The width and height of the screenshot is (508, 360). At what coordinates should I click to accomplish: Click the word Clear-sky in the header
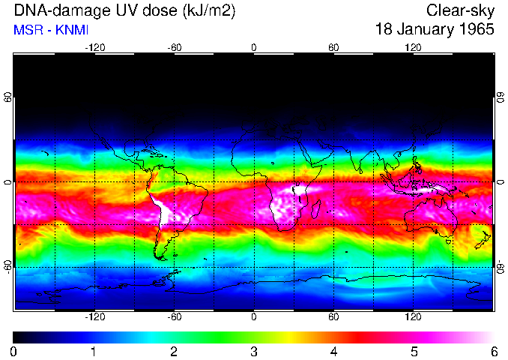pos(461,10)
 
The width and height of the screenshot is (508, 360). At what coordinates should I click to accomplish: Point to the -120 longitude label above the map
pos(94,47)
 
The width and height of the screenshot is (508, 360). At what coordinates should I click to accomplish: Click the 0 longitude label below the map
pos(254,316)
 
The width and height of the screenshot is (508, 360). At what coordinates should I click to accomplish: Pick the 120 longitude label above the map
pos(413,47)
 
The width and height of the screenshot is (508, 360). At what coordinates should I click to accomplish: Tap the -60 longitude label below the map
pos(174,316)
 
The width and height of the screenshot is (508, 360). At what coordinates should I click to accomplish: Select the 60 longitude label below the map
pos(333,316)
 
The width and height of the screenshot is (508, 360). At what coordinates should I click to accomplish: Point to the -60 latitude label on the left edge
pos(8,266)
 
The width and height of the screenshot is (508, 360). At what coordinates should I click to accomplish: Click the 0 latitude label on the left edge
pos(8,182)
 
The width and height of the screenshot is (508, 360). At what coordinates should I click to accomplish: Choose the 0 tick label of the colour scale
pos(14,351)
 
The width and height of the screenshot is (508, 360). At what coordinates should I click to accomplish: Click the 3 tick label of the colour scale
pos(253,351)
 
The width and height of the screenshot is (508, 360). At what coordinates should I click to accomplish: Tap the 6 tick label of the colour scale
pos(493,351)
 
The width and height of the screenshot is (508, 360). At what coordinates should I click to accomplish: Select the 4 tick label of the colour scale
pos(333,351)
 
